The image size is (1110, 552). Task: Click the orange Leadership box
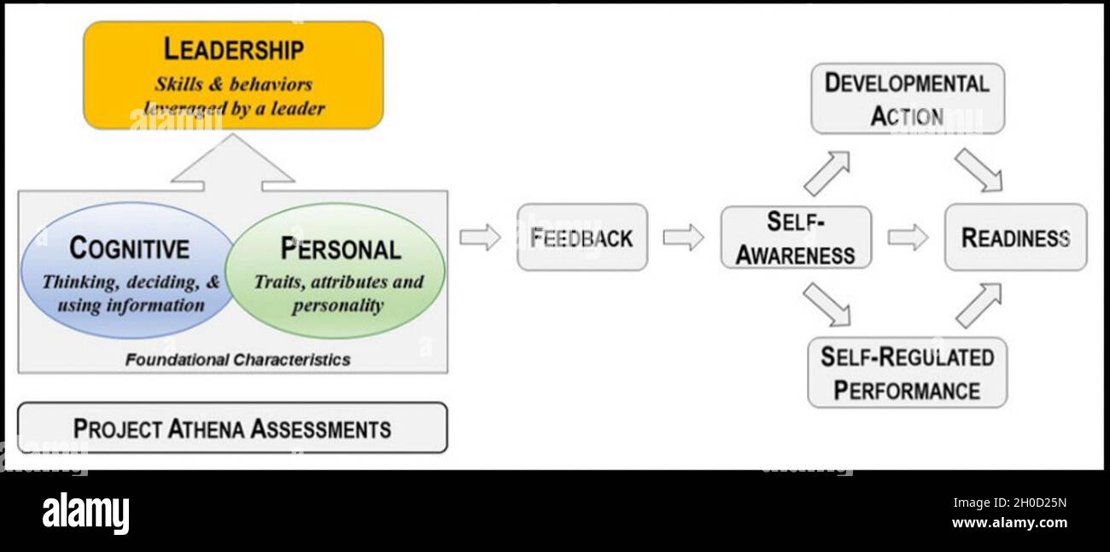pos(233,75)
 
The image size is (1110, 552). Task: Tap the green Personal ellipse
pos(337,270)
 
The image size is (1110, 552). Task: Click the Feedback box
pos(582,237)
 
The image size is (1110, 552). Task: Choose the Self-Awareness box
pos(796,237)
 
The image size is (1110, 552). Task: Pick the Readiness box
pos(1015,237)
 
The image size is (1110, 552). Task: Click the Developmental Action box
pos(907,98)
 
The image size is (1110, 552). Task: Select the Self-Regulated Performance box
pos(907,373)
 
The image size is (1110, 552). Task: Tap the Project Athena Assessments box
pos(232,427)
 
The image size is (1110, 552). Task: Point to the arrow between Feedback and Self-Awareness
pos(683,237)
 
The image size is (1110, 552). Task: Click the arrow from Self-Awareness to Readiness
pos(907,237)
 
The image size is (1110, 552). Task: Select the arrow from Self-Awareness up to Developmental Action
pos(827,174)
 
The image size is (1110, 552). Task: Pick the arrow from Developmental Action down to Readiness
pos(979,170)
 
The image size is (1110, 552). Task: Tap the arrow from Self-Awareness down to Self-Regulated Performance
pos(827,305)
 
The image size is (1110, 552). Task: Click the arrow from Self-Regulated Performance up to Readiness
pos(979,305)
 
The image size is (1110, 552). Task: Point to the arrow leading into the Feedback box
pos(480,237)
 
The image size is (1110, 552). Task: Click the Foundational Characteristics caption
pos(237,360)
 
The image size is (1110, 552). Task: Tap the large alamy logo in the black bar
pos(85,514)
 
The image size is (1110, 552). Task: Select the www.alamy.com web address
pos(1009,523)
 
